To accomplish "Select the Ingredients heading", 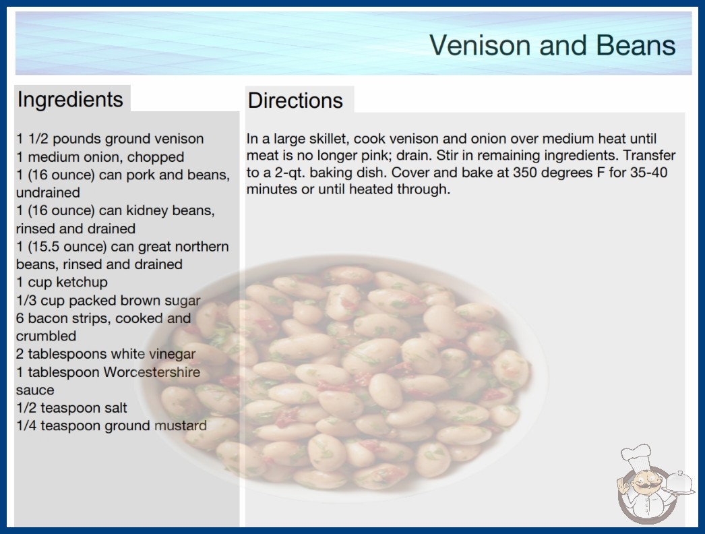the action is (x=70, y=99).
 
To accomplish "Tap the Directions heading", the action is (x=295, y=100).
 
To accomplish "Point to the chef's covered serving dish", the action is (x=679, y=483).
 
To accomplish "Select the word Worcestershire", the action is (x=152, y=372).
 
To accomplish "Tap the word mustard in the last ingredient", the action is (x=181, y=425).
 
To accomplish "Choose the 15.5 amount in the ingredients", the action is (x=44, y=247).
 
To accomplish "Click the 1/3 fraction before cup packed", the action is (x=26, y=301).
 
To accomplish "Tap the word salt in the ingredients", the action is (x=115, y=408).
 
